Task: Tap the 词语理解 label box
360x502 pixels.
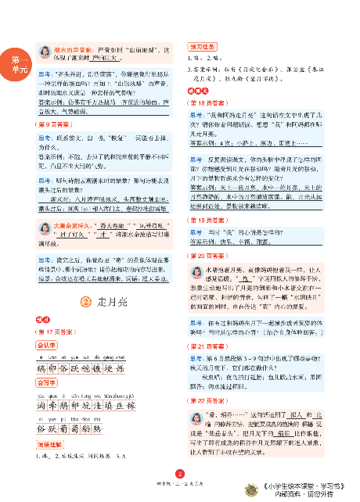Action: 51,444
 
